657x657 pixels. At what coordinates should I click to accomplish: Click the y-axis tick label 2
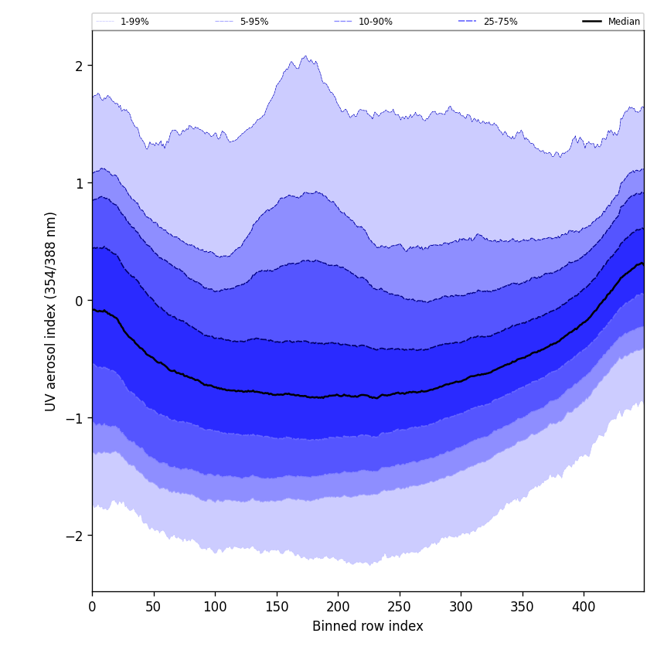tap(79, 66)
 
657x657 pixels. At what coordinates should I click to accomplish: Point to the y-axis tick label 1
tap(79, 183)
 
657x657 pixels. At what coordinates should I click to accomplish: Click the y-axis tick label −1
tap(76, 418)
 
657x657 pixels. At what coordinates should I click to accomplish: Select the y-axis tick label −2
tap(76, 536)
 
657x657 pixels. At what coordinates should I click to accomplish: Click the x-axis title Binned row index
tap(368, 627)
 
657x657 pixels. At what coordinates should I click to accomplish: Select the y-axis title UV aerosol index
tap(51, 311)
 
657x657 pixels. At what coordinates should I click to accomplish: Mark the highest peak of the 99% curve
tap(305, 56)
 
